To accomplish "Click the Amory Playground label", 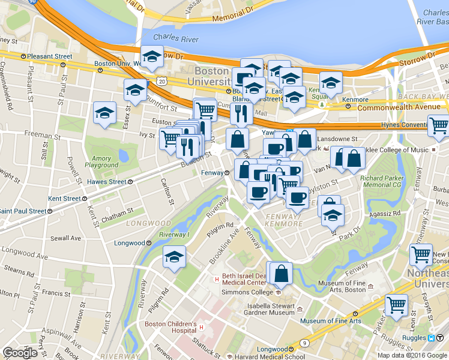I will [x=101, y=161].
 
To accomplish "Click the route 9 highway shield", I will [x=305, y=343].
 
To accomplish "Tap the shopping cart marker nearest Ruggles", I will [x=396, y=304].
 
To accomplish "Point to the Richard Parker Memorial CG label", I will [x=384, y=182].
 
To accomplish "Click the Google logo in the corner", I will [x=20, y=353].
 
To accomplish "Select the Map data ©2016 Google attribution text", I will [x=412, y=355].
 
